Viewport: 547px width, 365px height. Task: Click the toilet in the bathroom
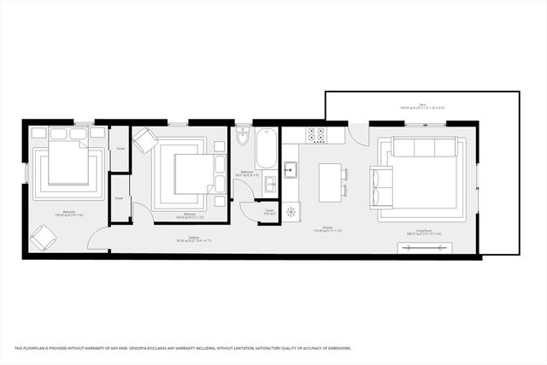tap(244, 138)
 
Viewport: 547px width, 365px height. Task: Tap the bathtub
tap(266, 148)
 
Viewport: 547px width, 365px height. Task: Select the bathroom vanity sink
tap(269, 184)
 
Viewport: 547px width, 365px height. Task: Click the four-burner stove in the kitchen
tap(316, 134)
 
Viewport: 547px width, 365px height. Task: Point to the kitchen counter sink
tap(291, 168)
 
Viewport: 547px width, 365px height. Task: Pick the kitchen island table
tap(330, 180)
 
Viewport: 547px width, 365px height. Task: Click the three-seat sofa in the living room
tap(423, 149)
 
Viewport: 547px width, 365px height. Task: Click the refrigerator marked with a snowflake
tap(291, 210)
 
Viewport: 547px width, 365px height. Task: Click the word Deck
tap(423, 104)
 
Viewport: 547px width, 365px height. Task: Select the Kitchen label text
tap(327, 227)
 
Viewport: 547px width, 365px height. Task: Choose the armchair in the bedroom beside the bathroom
tap(145, 140)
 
